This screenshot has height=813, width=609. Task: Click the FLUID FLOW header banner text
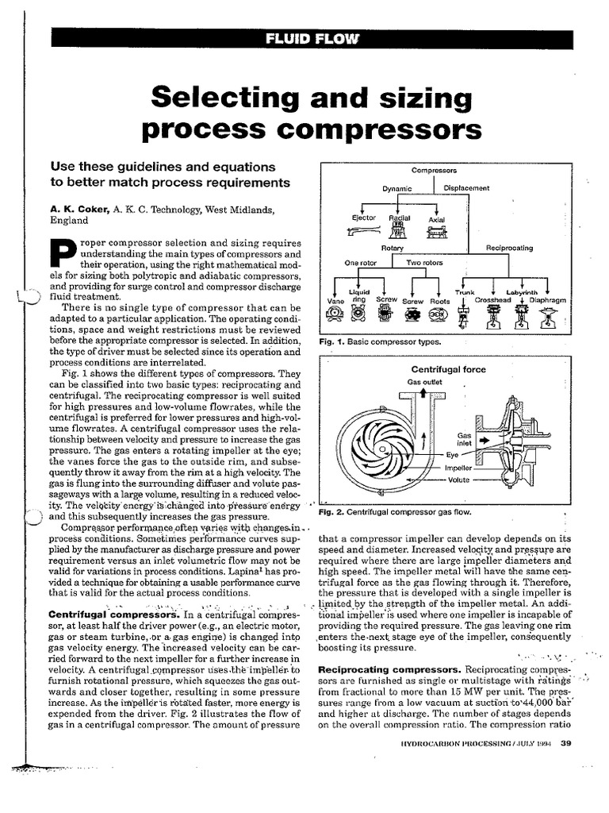(x=312, y=40)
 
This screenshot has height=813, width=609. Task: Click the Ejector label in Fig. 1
(x=364, y=218)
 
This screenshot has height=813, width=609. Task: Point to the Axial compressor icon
(x=436, y=232)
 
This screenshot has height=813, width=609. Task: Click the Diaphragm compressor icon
(x=547, y=318)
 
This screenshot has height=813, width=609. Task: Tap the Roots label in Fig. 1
(x=439, y=302)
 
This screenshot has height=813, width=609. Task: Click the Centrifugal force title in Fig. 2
(x=449, y=369)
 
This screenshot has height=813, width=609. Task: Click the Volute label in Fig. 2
(x=458, y=480)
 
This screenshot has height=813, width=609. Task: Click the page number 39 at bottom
(x=565, y=743)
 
